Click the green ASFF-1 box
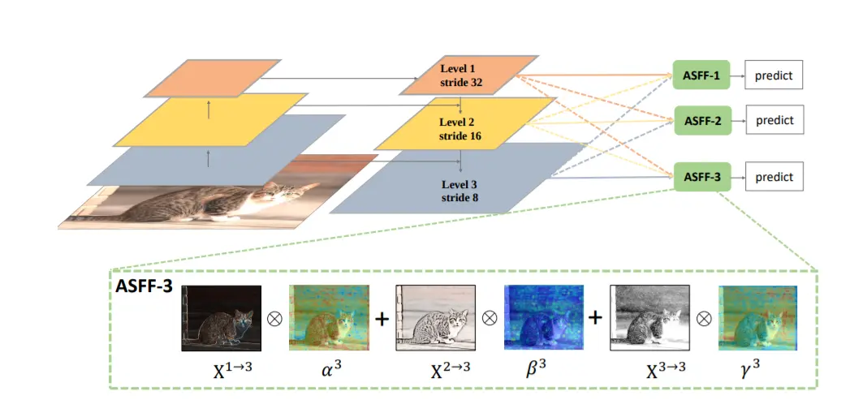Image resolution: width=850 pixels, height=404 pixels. (x=701, y=75)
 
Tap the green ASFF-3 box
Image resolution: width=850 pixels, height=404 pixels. (x=701, y=176)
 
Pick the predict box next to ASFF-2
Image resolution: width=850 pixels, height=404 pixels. (x=774, y=121)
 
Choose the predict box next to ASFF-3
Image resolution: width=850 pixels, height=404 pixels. (x=774, y=176)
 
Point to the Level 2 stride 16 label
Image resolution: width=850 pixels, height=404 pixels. (x=460, y=128)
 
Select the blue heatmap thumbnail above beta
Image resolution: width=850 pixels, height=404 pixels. (x=542, y=317)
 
